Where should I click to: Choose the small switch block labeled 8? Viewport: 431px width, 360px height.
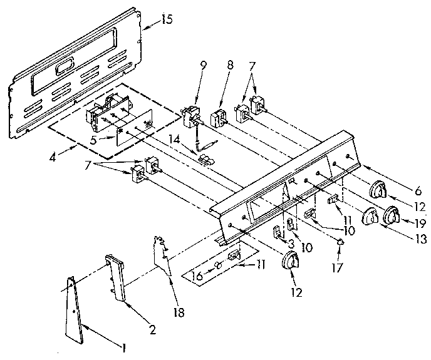220,118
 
